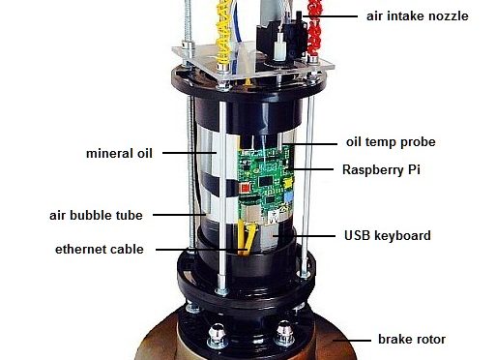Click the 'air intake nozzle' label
click(x=418, y=15)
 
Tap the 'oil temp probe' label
click(x=391, y=142)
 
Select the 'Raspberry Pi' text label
click(x=381, y=169)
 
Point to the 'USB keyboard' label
click(x=388, y=235)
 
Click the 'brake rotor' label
click(x=412, y=340)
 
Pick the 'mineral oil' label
click(x=119, y=153)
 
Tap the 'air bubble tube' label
click(x=96, y=215)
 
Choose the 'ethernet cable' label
click(x=100, y=250)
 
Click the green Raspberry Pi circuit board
click(x=266, y=184)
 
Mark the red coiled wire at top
click(x=314, y=27)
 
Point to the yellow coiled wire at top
click(x=223, y=32)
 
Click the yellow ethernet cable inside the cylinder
click(x=247, y=239)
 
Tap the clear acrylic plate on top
click(x=253, y=63)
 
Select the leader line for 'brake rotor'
click(x=352, y=341)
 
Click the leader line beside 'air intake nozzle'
click(x=330, y=16)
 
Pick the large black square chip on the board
click(x=266, y=181)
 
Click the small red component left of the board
click(x=246, y=188)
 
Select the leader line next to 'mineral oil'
click(x=190, y=153)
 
